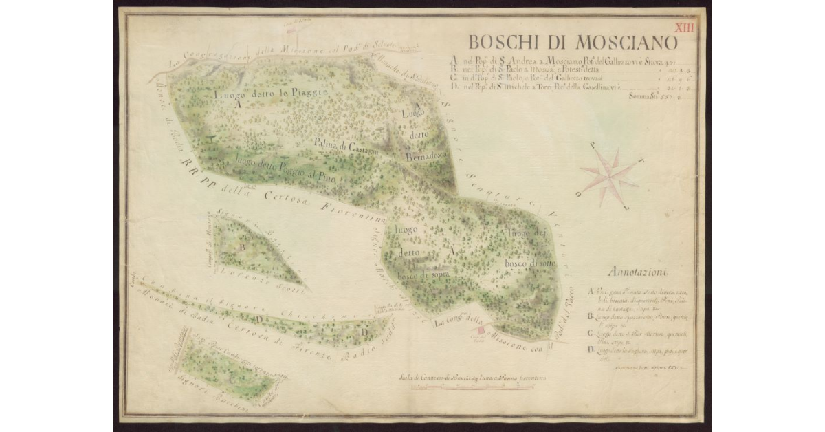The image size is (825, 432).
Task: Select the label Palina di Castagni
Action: pos(344,145)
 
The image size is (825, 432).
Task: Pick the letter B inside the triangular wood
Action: pos(243,245)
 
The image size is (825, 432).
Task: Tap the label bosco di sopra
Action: pos(426,274)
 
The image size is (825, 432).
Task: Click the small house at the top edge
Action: pos(295,30)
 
